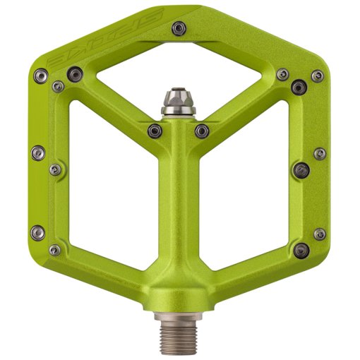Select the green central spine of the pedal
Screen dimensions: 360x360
pos(179,212)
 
